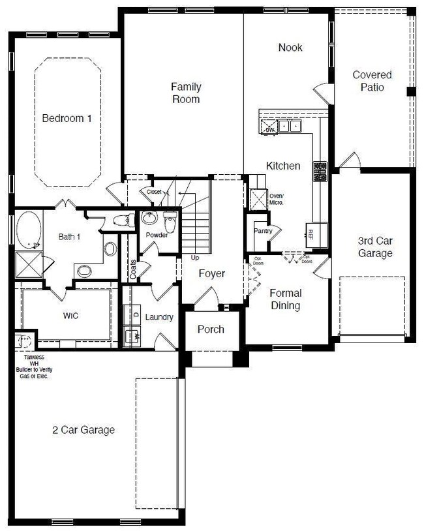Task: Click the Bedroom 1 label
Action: point(67,119)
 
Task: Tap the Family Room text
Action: point(185,93)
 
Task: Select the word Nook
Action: point(290,48)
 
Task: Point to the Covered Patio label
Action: point(372,81)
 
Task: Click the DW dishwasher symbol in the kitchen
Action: point(269,129)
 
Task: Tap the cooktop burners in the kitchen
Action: point(320,171)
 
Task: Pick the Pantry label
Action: point(263,231)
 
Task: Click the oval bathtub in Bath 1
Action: point(27,232)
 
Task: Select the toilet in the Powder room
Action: point(170,222)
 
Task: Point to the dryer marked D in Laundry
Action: point(136,315)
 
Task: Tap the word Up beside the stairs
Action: point(194,258)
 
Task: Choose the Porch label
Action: point(210,329)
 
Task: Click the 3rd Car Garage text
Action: point(375,247)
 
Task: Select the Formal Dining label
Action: point(285,299)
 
